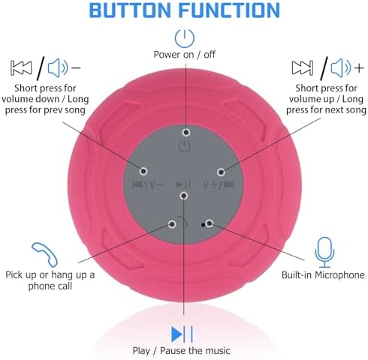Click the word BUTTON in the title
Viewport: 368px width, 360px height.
(130, 10)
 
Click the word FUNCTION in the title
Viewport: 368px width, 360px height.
(229, 10)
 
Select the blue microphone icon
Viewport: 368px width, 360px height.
(324, 252)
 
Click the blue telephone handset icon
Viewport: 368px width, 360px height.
(45, 254)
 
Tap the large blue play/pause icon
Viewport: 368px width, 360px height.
(182, 334)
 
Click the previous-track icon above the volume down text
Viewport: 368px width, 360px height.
(21, 67)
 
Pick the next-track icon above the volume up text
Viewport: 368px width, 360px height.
(303, 67)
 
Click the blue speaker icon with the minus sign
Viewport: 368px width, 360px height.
(64, 67)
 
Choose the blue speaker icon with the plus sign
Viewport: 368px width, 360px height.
(347, 67)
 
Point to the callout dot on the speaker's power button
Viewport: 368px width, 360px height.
(186, 132)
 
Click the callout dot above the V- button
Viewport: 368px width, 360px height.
(143, 171)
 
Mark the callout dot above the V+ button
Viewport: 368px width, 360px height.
(221, 172)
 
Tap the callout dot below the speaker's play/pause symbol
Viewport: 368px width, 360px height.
(184, 196)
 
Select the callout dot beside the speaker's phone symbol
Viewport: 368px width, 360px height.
(172, 224)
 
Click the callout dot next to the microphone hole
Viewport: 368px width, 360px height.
(210, 223)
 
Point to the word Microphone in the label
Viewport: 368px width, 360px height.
(339, 275)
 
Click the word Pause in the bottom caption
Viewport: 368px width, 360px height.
(173, 350)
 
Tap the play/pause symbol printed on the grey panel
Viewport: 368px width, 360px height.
(183, 184)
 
